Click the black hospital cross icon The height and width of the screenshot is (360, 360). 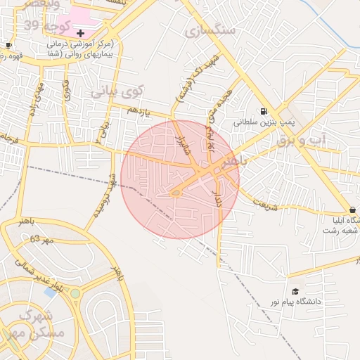click(x=80, y=32)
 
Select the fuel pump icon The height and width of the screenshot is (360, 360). click(x=263, y=111)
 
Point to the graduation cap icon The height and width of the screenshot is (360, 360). click(x=295, y=291)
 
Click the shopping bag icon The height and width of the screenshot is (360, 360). click(x=352, y=210)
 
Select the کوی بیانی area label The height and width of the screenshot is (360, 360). click(x=117, y=91)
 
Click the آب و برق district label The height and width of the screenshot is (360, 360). click(x=302, y=141)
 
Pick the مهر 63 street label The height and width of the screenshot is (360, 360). click(x=42, y=240)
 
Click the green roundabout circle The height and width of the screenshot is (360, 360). click(x=75, y=293)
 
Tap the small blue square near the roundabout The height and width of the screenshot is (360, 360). click(x=49, y=291)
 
